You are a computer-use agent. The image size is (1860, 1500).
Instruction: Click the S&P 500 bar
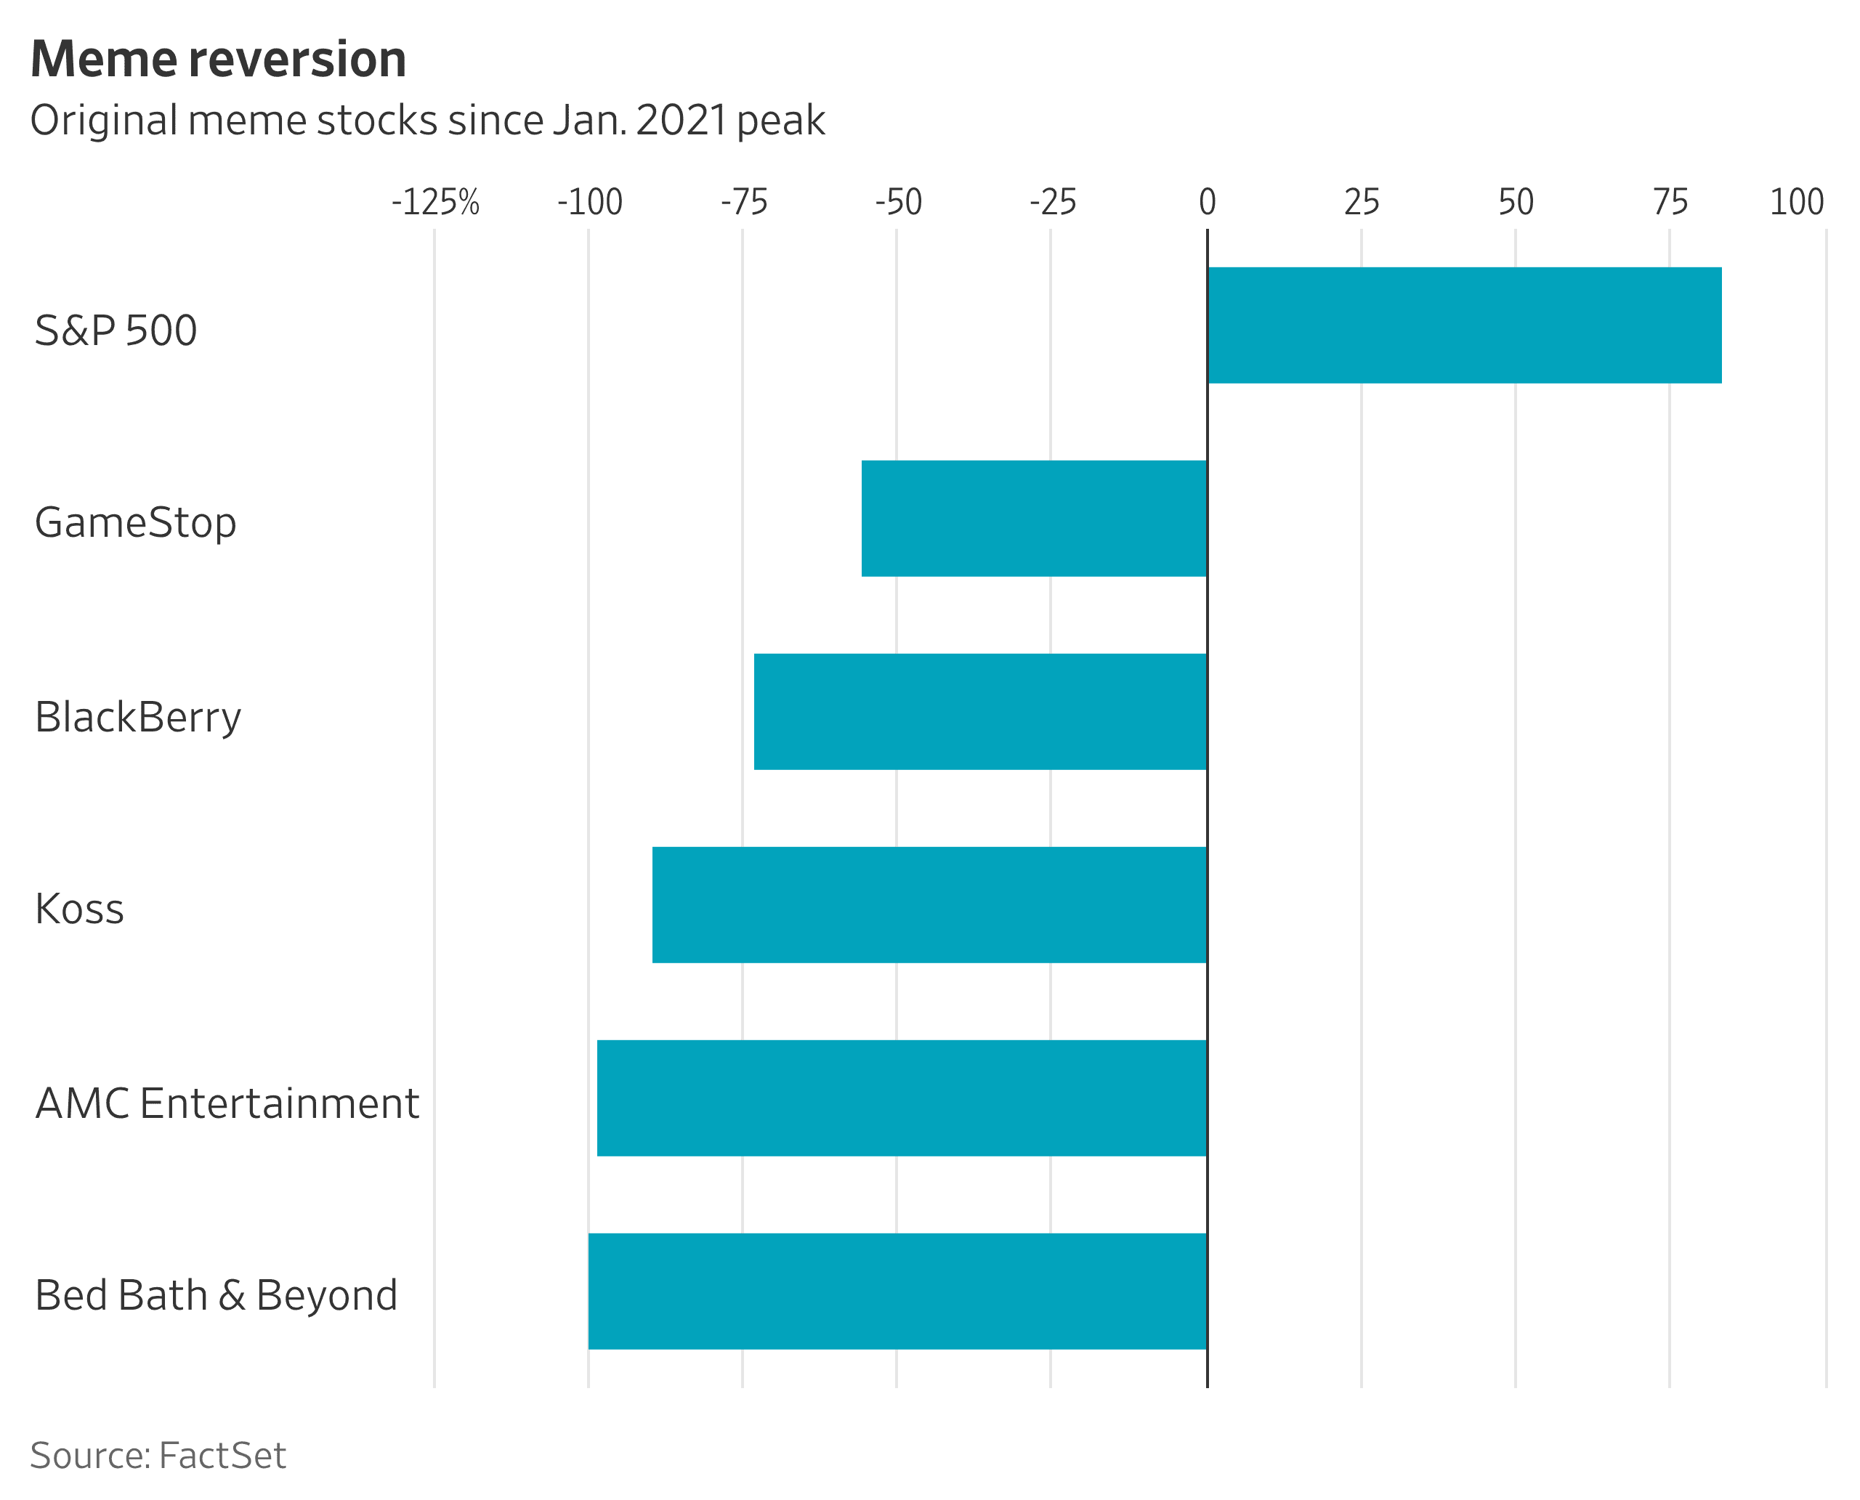pyautogui.click(x=1464, y=325)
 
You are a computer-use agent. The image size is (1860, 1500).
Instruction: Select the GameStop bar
pyautogui.click(x=1034, y=519)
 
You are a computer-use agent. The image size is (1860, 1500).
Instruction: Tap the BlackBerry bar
pyautogui.click(x=980, y=711)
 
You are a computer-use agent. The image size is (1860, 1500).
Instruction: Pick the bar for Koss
pyautogui.click(x=929, y=904)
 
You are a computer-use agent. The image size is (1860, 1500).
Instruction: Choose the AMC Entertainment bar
pyautogui.click(x=902, y=1098)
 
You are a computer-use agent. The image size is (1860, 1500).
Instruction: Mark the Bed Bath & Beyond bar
pyautogui.click(x=897, y=1291)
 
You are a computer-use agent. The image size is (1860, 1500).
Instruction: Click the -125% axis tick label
pyautogui.click(x=436, y=202)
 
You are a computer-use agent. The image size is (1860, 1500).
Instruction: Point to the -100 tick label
pyautogui.click(x=589, y=202)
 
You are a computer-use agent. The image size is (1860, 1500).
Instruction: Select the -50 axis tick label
pyautogui.click(x=898, y=202)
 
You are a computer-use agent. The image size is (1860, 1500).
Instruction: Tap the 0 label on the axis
pyautogui.click(x=1208, y=202)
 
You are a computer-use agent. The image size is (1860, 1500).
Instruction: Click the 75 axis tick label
pyautogui.click(x=1670, y=202)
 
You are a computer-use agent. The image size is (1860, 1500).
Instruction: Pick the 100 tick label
pyautogui.click(x=1796, y=202)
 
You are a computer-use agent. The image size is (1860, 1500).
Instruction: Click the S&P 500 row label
pyautogui.click(x=116, y=330)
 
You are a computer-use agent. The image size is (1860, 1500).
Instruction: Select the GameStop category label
pyautogui.click(x=136, y=523)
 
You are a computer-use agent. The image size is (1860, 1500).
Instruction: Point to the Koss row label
pyautogui.click(x=79, y=909)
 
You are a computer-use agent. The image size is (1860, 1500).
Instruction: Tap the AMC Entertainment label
pyautogui.click(x=227, y=1103)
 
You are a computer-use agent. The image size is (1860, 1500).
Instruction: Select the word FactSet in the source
pyautogui.click(x=222, y=1455)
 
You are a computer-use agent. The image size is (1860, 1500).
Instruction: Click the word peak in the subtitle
pyautogui.click(x=781, y=120)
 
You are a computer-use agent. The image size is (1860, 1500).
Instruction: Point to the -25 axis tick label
pyautogui.click(x=1053, y=202)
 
